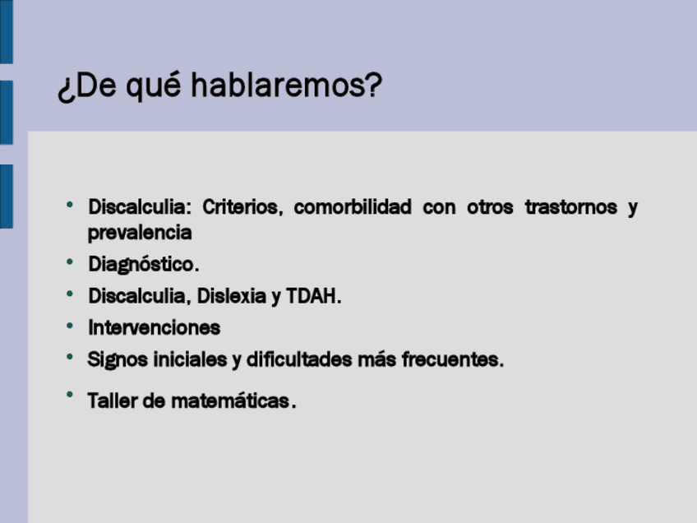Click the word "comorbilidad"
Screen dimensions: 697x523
(353, 207)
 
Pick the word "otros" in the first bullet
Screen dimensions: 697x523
(490, 208)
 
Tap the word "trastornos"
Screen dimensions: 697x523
(571, 207)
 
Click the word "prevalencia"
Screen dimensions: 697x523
(140, 233)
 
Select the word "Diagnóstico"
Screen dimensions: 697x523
(141, 264)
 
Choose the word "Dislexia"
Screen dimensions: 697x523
(232, 296)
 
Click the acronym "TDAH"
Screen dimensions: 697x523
(312, 296)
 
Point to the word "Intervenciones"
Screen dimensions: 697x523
(155, 328)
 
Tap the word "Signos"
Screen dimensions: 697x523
(118, 360)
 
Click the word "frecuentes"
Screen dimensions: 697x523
(450, 359)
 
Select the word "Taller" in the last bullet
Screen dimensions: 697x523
(113, 400)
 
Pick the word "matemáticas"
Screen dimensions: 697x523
(230, 400)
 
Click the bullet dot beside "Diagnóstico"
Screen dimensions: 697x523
(70, 262)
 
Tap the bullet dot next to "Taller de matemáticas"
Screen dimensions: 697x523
(70, 395)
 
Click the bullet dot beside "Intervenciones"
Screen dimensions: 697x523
(70, 326)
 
